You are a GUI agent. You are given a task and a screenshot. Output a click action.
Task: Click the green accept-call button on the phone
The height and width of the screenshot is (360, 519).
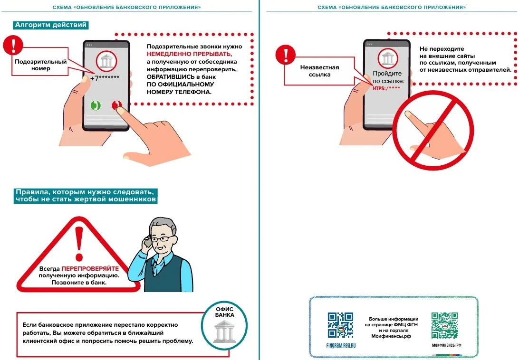pos(96,105)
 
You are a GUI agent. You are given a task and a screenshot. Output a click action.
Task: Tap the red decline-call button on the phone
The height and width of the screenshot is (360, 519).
pos(117,105)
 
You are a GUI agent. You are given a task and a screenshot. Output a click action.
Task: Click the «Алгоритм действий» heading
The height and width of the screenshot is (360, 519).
pos(51,25)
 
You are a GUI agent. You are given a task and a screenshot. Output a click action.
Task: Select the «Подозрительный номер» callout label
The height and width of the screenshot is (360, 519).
pos(41,65)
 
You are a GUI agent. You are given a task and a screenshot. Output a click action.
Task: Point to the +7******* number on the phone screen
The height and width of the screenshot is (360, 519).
pos(105,78)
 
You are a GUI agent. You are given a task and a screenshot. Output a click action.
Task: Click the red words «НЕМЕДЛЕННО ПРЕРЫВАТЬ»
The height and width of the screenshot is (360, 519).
pos(189,54)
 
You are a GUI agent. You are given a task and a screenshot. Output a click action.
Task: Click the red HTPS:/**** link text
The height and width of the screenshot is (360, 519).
pos(386,88)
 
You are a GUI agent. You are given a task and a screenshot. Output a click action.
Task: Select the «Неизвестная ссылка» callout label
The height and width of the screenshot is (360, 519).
pos(320,71)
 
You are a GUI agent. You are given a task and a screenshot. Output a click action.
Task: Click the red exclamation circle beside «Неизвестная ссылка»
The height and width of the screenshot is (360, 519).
pos(285,55)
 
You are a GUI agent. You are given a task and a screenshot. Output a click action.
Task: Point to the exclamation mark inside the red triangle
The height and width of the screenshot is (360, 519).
pos(79,244)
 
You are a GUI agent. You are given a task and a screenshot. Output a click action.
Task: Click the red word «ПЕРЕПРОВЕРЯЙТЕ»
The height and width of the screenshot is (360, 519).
pos(90,269)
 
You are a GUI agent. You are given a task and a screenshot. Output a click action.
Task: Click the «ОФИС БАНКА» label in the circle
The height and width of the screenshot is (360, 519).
pos(225,312)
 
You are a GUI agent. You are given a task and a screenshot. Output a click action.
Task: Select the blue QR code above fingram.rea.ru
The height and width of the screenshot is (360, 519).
pos(341,325)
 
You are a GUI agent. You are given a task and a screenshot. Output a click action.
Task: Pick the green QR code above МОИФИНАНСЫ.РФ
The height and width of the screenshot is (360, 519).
pos(444,325)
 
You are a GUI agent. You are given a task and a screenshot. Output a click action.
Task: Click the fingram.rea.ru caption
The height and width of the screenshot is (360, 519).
pos(341,345)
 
